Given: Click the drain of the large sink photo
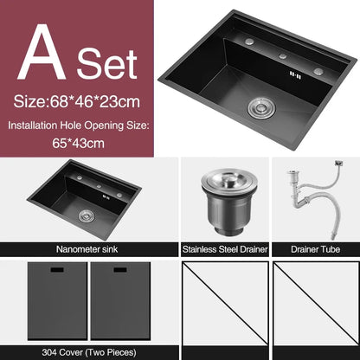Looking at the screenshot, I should [259, 107].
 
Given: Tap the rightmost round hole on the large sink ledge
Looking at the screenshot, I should [318, 70].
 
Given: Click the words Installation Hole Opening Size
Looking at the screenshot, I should [79, 125].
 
